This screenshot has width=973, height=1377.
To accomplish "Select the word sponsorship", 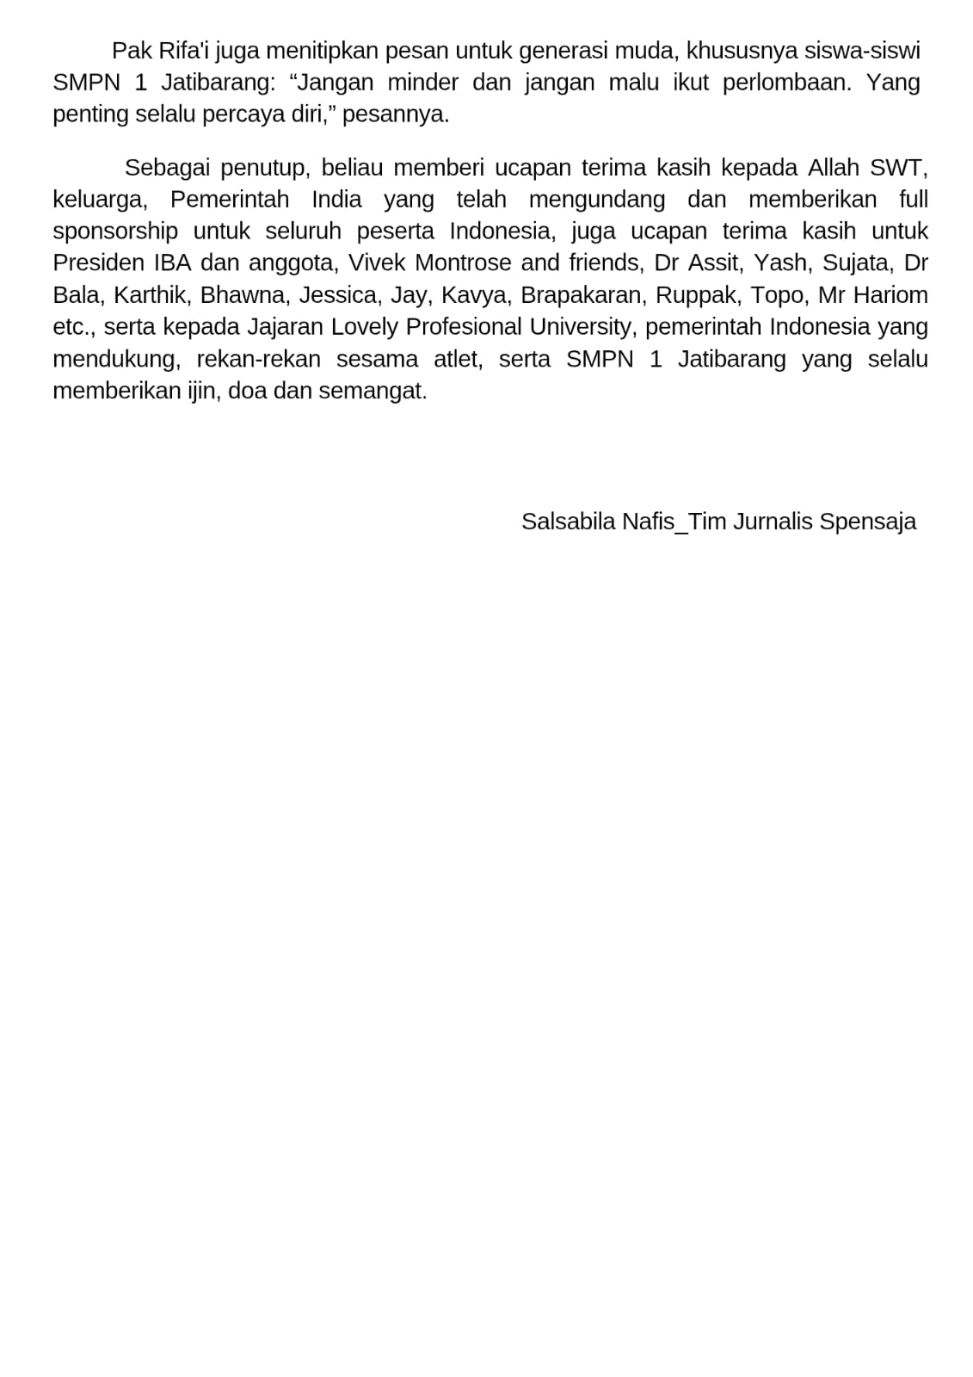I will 115,232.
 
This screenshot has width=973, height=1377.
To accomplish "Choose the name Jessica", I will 338,295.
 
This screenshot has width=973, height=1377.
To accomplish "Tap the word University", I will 581,327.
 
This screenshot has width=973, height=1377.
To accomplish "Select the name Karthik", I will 151,295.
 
